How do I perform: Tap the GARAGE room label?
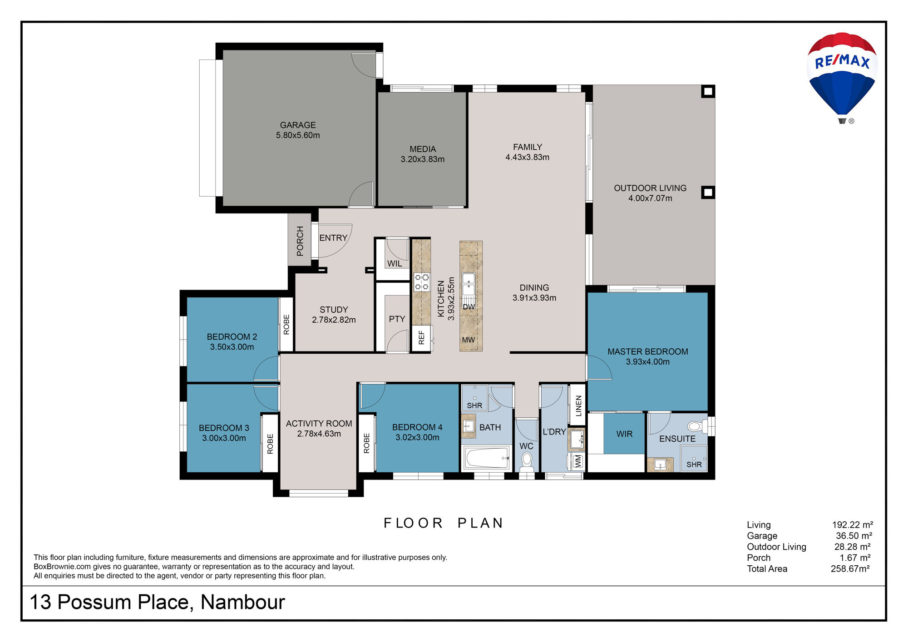coord(298,125)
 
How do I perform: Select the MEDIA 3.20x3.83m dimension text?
coord(423,159)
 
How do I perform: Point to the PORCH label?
coord(300,241)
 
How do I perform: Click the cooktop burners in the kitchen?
coord(422,281)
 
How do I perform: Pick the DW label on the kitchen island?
coord(469,306)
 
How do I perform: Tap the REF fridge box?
coord(421,338)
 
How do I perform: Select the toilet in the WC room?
coord(527,462)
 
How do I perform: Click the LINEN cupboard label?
coord(578,406)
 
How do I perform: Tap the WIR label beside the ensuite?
coord(624,434)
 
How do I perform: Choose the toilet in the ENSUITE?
coord(697,426)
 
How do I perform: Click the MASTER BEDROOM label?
coord(648,352)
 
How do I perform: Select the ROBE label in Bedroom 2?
coord(286,325)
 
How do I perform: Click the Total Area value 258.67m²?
coord(850,568)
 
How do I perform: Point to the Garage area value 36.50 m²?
coord(854,536)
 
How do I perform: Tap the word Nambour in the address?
coord(243,602)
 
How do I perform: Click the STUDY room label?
coord(334,310)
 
